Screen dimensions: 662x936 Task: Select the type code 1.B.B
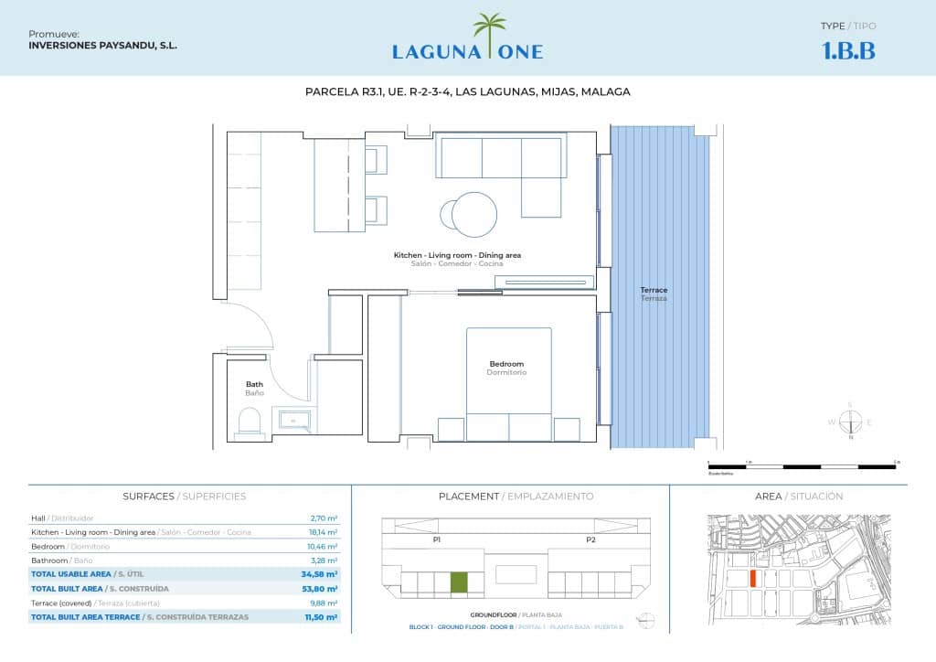(848, 51)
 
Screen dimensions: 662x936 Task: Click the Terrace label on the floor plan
(654, 291)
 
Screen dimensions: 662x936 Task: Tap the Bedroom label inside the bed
(507, 364)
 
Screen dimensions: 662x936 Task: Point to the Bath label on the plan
(254, 384)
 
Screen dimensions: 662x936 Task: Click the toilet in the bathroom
(249, 422)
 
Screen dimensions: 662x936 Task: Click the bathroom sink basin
(293, 421)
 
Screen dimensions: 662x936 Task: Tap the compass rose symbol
(850, 422)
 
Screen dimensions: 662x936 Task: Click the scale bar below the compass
(802, 466)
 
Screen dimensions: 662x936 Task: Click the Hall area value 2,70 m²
(324, 518)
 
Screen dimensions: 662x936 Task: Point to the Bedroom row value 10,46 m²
(324, 546)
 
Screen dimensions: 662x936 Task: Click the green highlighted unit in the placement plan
(459, 582)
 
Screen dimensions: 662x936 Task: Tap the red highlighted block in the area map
(752, 578)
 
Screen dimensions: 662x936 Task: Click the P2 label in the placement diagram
(590, 540)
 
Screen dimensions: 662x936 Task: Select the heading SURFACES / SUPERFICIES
(184, 496)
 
